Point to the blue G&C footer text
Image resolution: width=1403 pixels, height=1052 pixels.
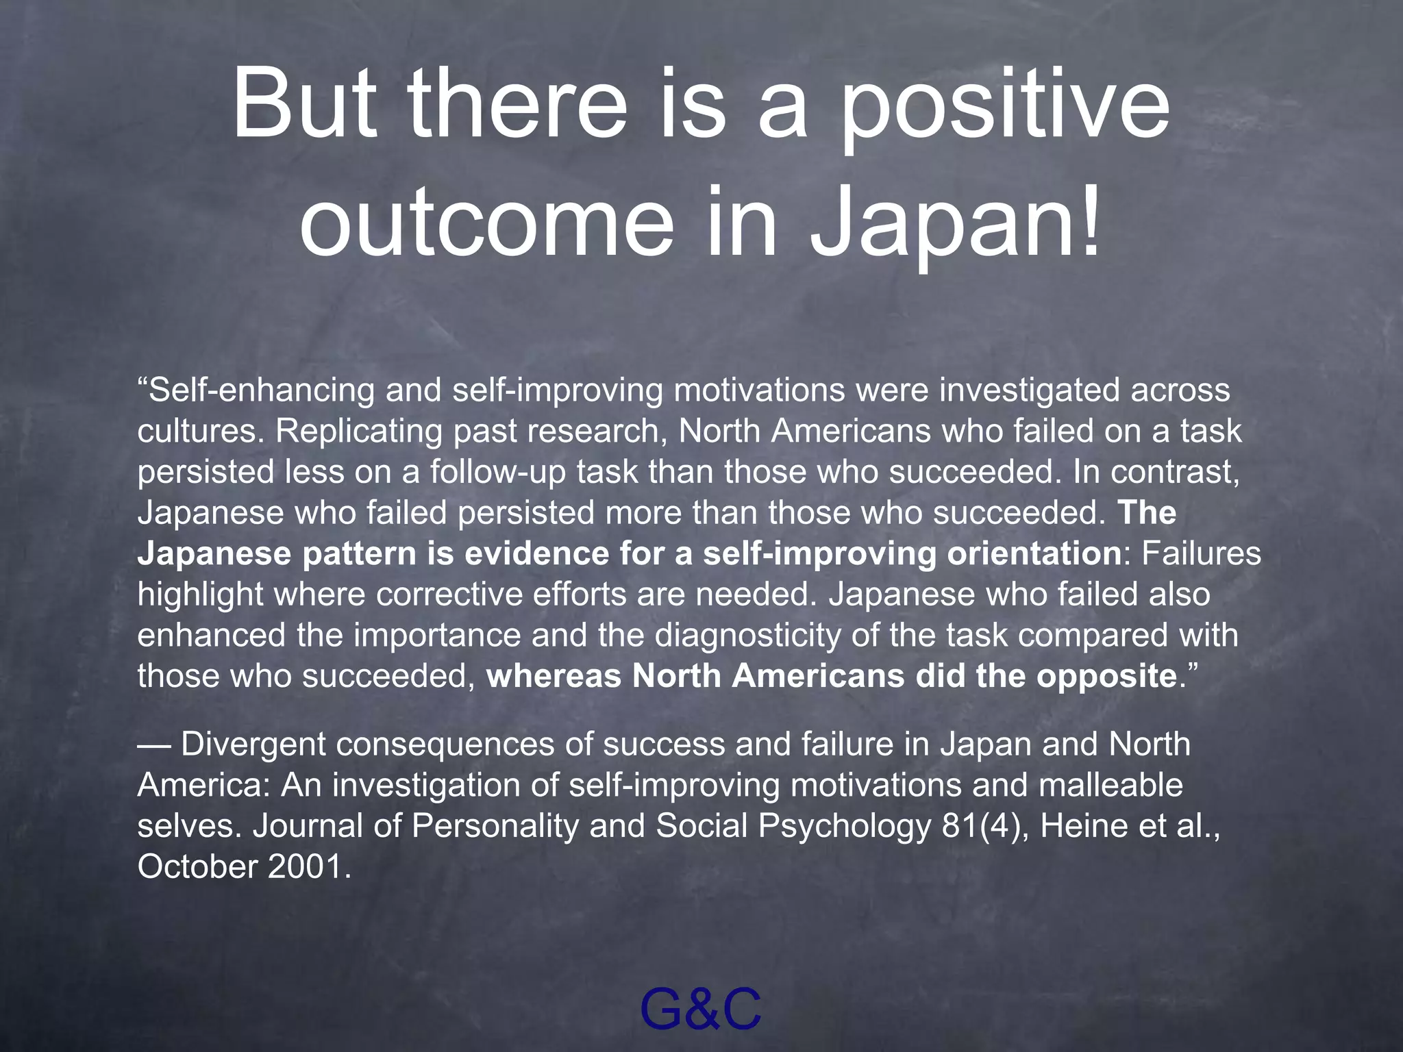[x=700, y=1009]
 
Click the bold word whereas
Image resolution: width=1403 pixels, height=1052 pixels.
[x=554, y=676]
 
